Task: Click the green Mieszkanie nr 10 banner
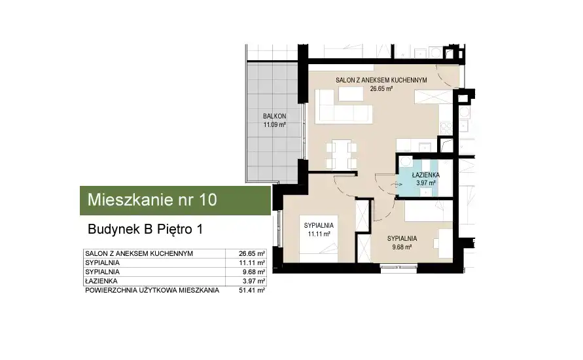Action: point(175,200)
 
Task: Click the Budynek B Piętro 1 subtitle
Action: point(145,229)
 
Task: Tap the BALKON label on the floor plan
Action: point(274,116)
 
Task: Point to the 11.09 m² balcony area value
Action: point(274,125)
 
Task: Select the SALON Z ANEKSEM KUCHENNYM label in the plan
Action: point(381,80)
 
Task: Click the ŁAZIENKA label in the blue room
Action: point(426,175)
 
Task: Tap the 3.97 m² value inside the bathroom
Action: point(426,183)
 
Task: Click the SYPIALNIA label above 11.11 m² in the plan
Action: point(319,225)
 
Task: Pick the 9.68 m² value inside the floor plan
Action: point(402,247)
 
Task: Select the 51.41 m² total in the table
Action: point(252,291)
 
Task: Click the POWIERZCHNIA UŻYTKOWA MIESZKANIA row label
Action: point(152,291)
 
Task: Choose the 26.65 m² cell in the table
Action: point(252,254)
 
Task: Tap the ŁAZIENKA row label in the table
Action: point(101,281)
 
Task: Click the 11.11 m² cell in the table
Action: point(252,263)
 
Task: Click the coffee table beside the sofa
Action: point(351,94)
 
